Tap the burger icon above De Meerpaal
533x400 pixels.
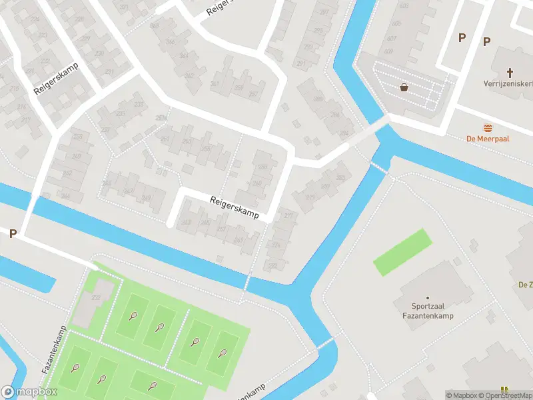[x=488, y=127]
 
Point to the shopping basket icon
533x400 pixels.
[x=404, y=87]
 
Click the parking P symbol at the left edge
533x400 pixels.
[x=12, y=233]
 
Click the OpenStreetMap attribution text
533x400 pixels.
[x=498, y=395]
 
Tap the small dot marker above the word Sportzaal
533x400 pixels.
[x=427, y=298]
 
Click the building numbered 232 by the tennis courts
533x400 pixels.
[x=96, y=297]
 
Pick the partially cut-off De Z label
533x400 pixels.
[x=525, y=285]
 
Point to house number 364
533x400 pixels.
[x=183, y=55]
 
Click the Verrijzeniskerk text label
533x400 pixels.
[x=508, y=84]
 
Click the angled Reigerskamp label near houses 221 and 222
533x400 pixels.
[x=57, y=79]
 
